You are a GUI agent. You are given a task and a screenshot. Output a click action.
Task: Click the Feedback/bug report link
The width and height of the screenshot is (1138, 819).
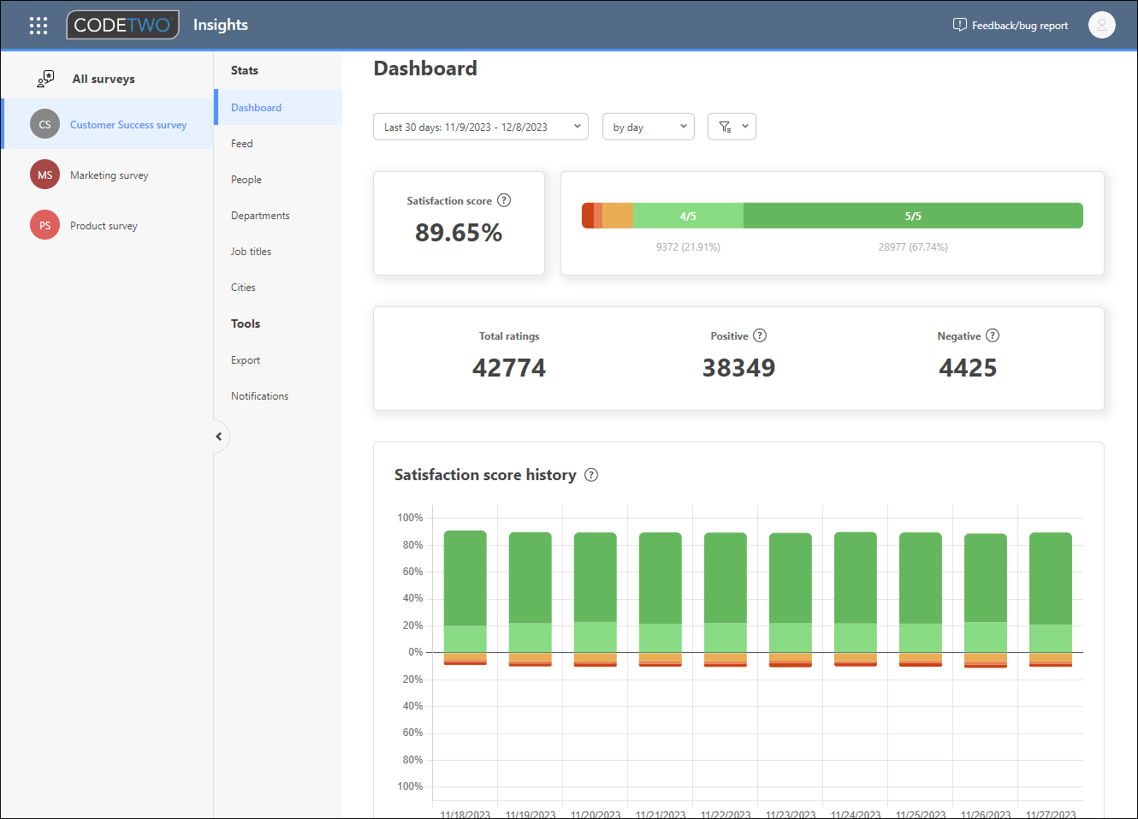tap(1011, 26)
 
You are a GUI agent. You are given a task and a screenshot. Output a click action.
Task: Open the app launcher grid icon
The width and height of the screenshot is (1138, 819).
tap(39, 26)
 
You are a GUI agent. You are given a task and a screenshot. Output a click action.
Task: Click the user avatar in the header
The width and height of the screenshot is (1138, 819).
tap(1101, 25)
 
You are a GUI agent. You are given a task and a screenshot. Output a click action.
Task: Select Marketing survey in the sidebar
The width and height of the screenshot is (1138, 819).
tap(109, 175)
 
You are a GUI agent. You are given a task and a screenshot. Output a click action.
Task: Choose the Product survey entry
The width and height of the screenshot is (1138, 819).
tap(104, 226)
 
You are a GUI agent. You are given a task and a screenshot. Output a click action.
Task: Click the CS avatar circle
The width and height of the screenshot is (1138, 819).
tap(44, 125)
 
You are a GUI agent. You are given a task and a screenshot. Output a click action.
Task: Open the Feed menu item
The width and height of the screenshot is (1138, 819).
tap(242, 144)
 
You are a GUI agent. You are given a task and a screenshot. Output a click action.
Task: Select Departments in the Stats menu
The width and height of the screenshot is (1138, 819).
tap(260, 216)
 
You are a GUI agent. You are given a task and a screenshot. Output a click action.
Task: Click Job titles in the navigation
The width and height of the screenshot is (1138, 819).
tap(251, 252)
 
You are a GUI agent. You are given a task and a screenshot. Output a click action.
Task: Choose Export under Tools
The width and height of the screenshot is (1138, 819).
tap(246, 360)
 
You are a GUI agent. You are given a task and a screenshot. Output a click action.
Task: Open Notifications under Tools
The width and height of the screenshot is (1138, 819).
tap(259, 396)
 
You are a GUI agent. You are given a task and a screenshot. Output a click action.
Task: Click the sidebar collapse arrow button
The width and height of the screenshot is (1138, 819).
tap(219, 436)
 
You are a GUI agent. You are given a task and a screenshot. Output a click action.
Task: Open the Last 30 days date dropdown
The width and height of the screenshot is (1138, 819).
tap(481, 127)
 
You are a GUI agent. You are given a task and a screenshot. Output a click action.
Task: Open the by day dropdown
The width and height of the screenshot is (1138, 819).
tap(648, 127)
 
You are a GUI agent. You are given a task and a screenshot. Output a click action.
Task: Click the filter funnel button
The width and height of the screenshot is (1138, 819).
tap(732, 127)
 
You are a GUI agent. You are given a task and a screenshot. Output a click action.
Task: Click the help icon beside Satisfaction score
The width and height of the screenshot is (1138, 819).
tap(504, 200)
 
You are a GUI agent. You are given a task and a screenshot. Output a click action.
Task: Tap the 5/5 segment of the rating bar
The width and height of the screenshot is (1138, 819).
tap(913, 216)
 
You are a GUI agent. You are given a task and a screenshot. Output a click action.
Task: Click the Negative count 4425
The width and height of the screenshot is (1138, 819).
tap(968, 368)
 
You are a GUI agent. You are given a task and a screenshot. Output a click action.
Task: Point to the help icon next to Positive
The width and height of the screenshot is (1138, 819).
tap(760, 335)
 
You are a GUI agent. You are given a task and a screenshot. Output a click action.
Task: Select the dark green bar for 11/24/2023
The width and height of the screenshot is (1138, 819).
tap(856, 578)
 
